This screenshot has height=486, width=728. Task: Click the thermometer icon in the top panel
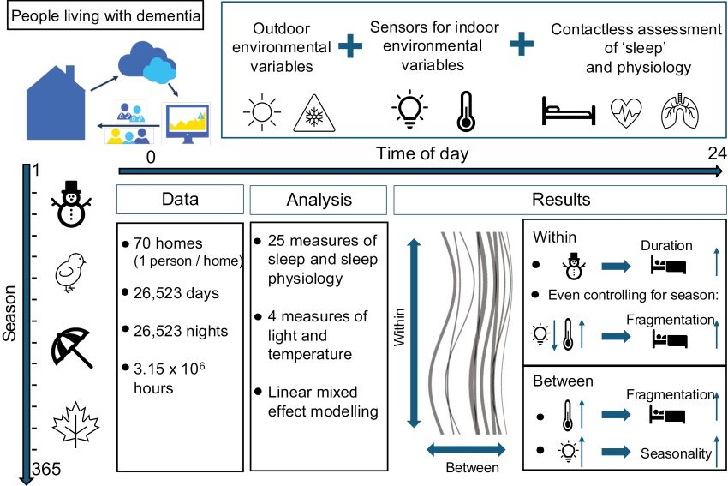[x=465, y=111]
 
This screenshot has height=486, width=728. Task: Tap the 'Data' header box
[x=180, y=200]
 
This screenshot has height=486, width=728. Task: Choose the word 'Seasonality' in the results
[x=676, y=453]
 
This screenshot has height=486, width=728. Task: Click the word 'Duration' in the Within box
[x=665, y=245]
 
